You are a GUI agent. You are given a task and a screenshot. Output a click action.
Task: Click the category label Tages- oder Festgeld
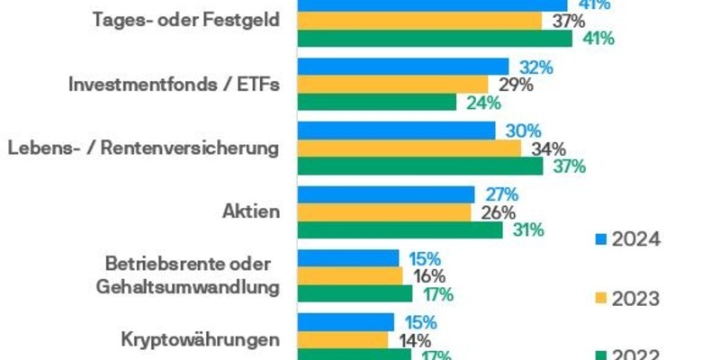click(186, 22)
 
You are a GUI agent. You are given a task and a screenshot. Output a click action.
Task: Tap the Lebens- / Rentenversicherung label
click(142, 148)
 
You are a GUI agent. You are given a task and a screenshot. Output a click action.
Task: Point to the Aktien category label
click(251, 212)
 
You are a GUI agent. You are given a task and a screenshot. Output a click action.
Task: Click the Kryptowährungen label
click(200, 339)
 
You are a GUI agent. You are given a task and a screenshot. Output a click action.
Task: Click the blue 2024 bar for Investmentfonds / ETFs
click(402, 67)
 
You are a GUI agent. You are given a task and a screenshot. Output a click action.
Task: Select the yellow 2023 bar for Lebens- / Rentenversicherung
click(409, 148)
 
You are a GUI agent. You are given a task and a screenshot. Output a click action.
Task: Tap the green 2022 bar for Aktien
click(400, 230)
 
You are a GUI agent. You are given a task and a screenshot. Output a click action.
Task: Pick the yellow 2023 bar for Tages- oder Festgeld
click(419, 21)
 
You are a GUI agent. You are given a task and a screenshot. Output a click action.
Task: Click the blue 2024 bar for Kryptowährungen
click(346, 321)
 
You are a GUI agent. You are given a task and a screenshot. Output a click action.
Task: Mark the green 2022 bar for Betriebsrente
click(355, 293)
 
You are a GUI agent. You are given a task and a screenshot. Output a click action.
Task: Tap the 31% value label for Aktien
click(528, 230)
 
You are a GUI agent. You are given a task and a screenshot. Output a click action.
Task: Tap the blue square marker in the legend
click(600, 240)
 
